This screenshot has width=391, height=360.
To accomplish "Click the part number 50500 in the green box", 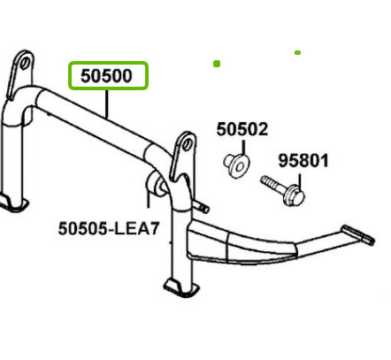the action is coord(106,76).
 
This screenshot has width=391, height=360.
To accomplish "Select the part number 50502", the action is coord(242,129).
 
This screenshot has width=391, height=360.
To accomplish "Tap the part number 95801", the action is coord(303,161).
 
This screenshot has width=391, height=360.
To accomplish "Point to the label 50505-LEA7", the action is coord(109,228).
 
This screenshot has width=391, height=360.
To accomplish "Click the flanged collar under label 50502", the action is coord(236,165).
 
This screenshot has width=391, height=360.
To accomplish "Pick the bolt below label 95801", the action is coord(282,190).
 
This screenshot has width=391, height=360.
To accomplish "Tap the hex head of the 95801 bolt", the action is coord(295,195).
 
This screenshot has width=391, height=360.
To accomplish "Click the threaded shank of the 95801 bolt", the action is coord(272,184).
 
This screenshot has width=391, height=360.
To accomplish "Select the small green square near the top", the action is coord(217,64).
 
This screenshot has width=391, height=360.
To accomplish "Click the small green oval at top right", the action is coord(297,52).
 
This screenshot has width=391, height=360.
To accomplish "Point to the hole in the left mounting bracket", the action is coord(25,63).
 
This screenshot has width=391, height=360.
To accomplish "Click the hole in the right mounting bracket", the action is coord(187,146).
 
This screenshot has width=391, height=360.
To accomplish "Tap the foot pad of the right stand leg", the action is coord(180,288).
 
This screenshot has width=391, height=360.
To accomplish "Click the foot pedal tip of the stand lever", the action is coord(358,234).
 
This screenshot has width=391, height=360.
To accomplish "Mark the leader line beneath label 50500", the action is coord(107,103).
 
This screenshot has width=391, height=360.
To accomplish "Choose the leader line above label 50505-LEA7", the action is coord(149,196).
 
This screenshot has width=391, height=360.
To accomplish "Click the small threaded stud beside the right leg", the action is coord(201,206).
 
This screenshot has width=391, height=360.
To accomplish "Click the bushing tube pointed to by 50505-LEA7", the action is coord(157,184).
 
